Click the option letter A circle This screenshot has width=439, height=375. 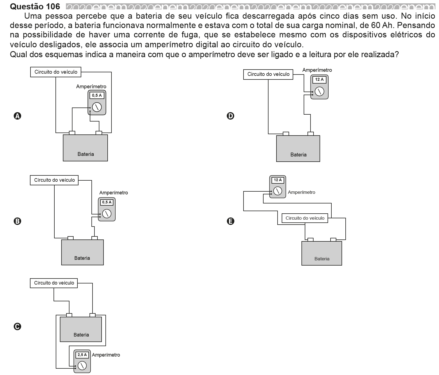tap(17, 116)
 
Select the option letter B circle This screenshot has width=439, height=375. tap(17, 221)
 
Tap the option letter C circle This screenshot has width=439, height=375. tap(17, 326)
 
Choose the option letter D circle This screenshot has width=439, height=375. tap(230, 116)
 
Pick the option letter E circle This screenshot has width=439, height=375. tap(230, 221)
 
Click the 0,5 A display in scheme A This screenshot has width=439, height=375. tap(97, 95)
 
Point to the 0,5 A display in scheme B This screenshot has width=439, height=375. tap(107, 202)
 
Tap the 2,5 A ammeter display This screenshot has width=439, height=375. tap(82, 355)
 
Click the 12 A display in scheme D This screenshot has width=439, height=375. tap(319, 79)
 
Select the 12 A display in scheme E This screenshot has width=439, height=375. tap(278, 180)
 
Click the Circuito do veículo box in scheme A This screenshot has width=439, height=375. tap(56, 72)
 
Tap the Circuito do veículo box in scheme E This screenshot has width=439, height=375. tap(305, 218)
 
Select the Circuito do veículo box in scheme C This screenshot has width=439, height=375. tap(54, 283)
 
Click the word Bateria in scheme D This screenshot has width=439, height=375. tap(298, 155)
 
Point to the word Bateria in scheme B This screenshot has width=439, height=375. tap(82, 258)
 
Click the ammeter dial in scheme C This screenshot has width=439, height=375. tap(82, 365)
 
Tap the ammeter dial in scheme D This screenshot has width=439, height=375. tap(319, 91)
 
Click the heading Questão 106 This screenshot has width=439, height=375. tap(35, 6)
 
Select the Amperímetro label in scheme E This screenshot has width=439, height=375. tap(301, 192)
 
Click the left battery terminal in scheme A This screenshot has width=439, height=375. tap(72, 133)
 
